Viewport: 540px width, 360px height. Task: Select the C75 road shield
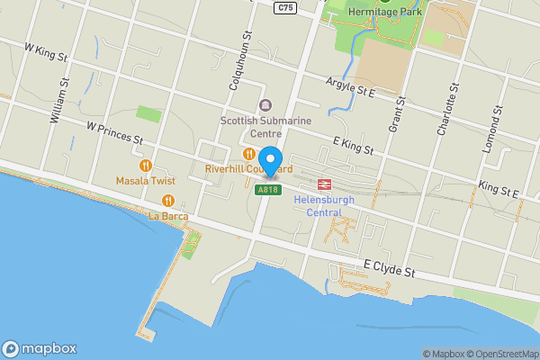pos(286,6)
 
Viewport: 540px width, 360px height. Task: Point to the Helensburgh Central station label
pos(324,205)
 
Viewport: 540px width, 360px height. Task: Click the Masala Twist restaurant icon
pos(144,166)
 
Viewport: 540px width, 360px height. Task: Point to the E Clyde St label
pos(389,270)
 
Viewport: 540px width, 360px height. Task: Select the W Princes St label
pos(115,134)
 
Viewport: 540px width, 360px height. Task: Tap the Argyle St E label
pos(349,87)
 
